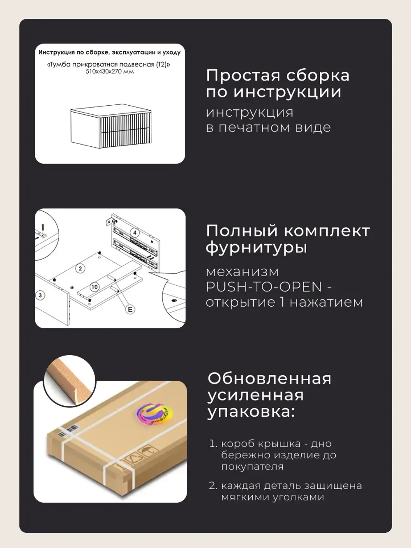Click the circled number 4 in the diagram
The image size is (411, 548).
pos(134,233)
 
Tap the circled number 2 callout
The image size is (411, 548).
pos(80,268)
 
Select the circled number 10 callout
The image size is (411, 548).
pos(95,287)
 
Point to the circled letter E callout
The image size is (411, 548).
pos(130,309)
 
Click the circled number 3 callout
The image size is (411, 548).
pos(40,295)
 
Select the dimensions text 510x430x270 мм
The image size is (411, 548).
pos(110,72)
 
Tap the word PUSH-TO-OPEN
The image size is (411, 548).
pos(263,287)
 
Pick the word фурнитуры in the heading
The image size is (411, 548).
pos(256,248)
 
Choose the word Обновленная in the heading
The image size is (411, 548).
pos(269,378)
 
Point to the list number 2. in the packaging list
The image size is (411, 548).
pos(212,486)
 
